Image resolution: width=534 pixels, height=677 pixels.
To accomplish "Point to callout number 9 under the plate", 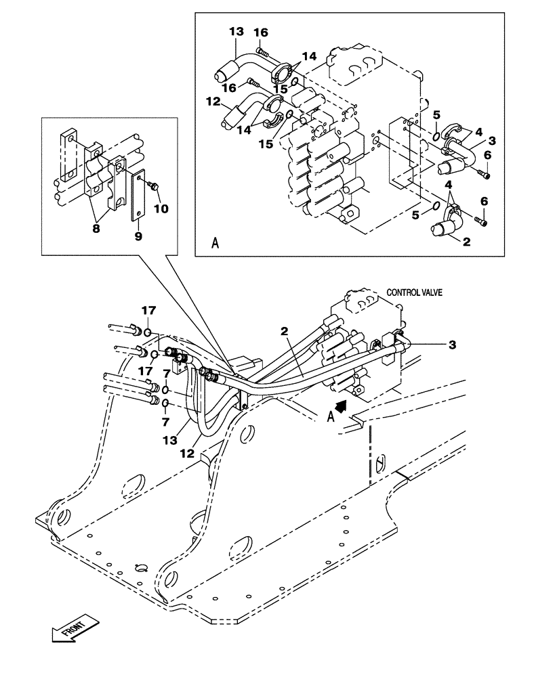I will (x=138, y=236).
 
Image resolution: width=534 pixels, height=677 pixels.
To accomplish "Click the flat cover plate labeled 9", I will (x=138, y=196).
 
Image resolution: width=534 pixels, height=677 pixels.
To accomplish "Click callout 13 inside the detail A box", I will (x=235, y=32).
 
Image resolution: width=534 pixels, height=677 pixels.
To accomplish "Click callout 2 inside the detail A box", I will (x=467, y=241).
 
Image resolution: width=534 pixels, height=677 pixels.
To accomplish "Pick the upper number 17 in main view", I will (x=148, y=311).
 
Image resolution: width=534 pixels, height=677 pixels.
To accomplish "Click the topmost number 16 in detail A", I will (x=261, y=32).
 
